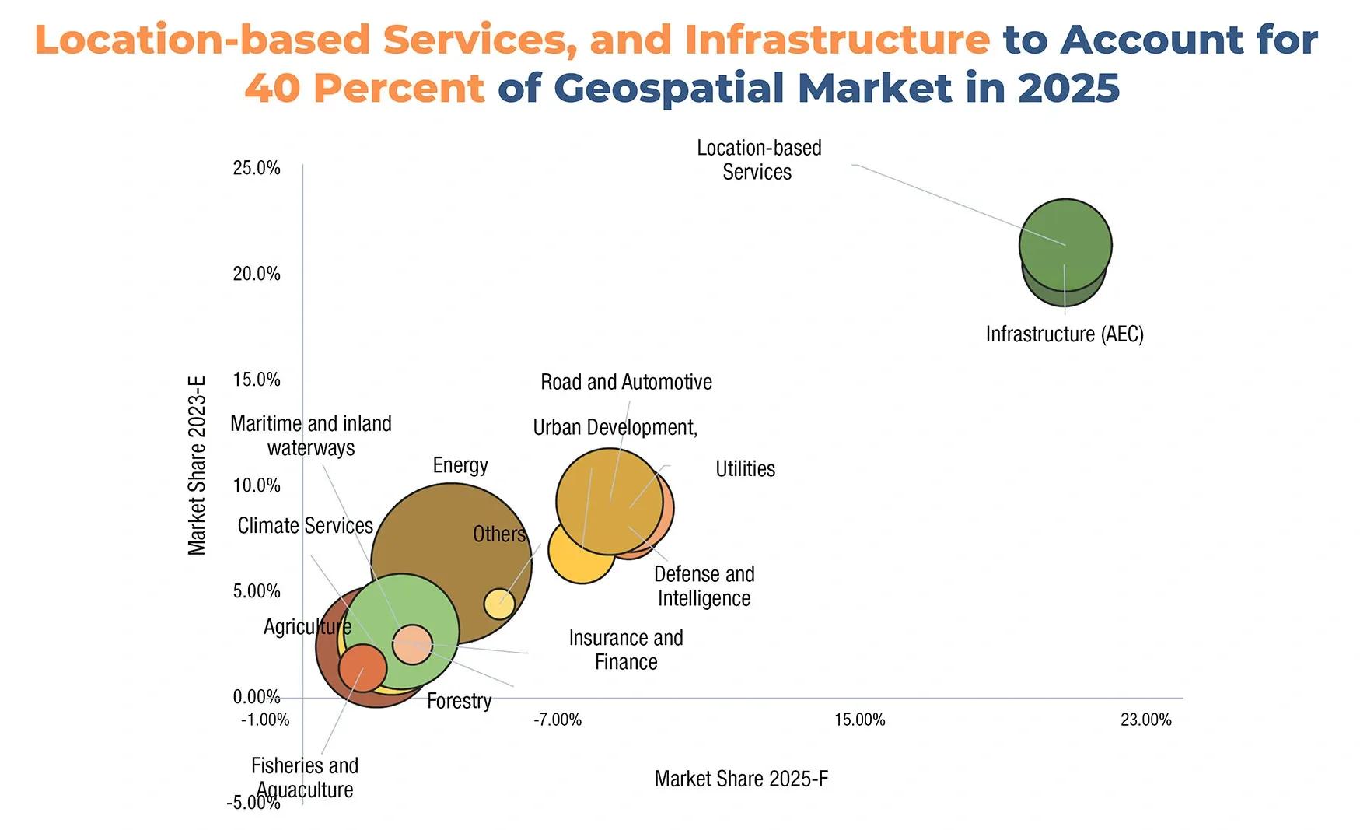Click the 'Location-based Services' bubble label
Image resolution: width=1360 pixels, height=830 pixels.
(x=759, y=159)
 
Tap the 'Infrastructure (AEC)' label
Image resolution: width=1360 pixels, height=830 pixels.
(x=1065, y=334)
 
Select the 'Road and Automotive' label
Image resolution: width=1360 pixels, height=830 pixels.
(x=626, y=382)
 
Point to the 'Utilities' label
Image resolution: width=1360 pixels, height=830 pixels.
(x=745, y=468)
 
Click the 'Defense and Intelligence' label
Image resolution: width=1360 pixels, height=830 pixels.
(x=704, y=586)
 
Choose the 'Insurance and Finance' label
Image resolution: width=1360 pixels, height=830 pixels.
(x=626, y=650)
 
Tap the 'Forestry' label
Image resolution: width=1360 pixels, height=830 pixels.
(x=460, y=701)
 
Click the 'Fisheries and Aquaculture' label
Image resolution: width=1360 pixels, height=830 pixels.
(x=305, y=777)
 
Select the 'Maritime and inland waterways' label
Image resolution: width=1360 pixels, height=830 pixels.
(x=311, y=436)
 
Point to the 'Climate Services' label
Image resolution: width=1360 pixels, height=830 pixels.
(x=306, y=526)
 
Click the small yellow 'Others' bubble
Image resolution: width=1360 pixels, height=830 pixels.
(x=499, y=603)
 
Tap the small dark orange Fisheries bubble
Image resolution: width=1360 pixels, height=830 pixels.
(x=363, y=668)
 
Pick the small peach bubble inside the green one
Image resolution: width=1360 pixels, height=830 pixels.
(x=412, y=644)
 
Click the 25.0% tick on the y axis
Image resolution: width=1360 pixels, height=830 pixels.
(x=257, y=168)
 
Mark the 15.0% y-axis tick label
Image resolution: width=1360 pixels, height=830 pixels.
(x=257, y=380)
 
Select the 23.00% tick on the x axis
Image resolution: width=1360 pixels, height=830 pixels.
(x=1145, y=720)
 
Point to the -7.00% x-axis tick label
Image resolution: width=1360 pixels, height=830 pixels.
(x=558, y=720)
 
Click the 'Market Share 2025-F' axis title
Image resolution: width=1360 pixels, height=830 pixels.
(x=741, y=779)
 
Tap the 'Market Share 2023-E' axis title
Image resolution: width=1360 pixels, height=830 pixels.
(x=198, y=466)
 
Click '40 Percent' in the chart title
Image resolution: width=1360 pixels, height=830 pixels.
(x=365, y=87)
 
